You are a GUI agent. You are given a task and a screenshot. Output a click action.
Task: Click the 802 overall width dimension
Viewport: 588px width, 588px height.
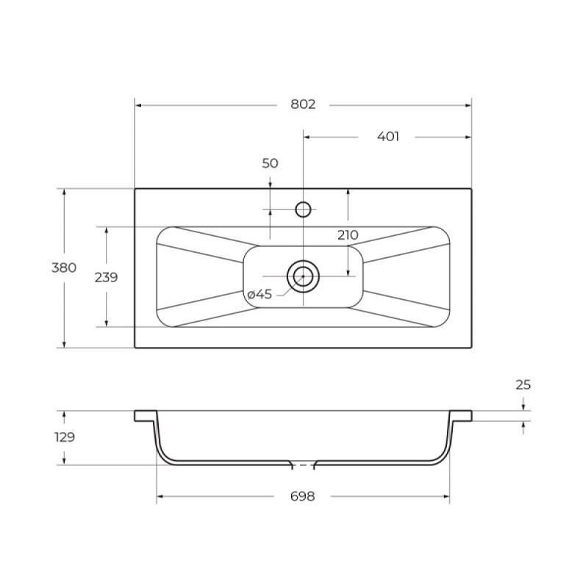point(303,104)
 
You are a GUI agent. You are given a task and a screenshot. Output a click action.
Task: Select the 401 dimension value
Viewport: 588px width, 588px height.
point(388,137)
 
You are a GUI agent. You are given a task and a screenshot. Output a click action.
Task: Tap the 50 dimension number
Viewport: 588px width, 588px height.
point(270,163)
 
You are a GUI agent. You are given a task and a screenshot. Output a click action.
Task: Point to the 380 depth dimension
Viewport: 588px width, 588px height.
point(64,268)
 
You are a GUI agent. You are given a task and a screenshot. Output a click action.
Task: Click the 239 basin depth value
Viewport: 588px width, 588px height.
point(106,278)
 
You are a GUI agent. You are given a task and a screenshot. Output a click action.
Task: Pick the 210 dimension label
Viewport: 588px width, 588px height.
point(348,235)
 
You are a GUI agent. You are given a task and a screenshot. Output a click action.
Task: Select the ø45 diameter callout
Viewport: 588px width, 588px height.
point(259,295)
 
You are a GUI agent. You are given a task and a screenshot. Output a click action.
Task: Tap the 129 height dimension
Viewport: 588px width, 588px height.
point(65,437)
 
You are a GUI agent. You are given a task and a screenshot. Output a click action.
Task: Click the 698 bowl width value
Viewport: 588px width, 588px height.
point(303,497)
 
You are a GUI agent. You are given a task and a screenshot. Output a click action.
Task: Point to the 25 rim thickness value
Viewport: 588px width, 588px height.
point(523,384)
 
